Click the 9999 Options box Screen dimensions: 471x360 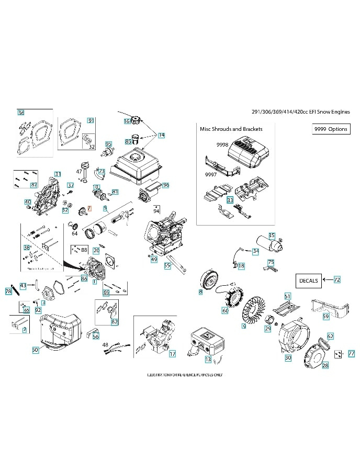(330, 129)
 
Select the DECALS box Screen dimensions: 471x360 (308, 281)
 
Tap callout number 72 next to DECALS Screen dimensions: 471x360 (337, 280)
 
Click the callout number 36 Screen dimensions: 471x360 (21, 113)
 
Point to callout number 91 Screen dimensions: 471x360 (91, 120)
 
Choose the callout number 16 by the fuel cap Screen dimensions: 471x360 (127, 121)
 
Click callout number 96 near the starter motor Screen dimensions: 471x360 (166, 185)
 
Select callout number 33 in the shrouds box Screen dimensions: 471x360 (230, 200)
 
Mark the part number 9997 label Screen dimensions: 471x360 (210, 175)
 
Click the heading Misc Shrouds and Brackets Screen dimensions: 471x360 (231, 128)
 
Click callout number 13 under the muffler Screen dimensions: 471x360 (208, 360)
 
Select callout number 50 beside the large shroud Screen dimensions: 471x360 (35, 350)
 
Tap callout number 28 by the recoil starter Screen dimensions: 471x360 (325, 366)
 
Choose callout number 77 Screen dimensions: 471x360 (351, 353)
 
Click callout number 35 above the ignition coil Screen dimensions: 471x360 (272, 235)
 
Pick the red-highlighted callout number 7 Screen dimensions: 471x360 (89, 208)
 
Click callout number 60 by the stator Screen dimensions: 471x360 (225, 311)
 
